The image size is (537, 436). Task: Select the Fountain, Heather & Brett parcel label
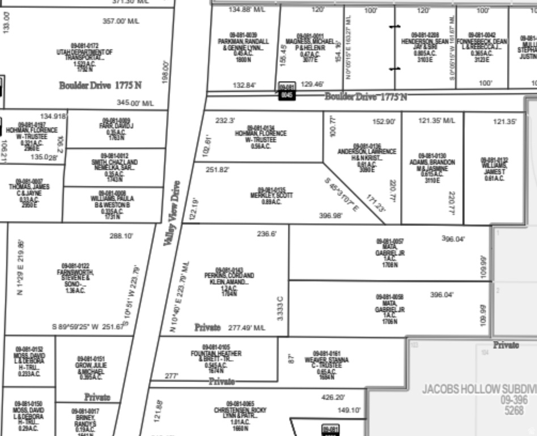[x=215, y=358]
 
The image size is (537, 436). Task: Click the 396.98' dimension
[x=331, y=216]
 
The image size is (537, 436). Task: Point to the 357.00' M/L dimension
[x=121, y=21]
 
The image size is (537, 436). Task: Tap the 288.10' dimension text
[x=121, y=236]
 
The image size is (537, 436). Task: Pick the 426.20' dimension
[x=333, y=397]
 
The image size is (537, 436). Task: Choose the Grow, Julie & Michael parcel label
[x=91, y=368]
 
